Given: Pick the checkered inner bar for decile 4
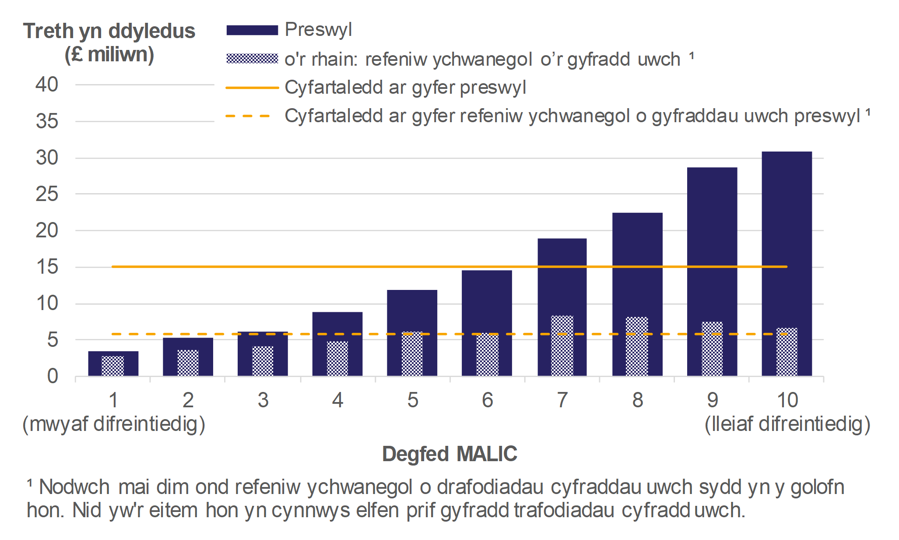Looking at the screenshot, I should pyautogui.click(x=337, y=359).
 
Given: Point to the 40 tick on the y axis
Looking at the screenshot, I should pyautogui.click(x=47, y=85).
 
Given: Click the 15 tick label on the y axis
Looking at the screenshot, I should pyautogui.click(x=47, y=267).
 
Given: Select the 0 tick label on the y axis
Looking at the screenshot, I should pyautogui.click(x=53, y=376).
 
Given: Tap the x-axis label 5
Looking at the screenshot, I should pyautogui.click(x=412, y=400).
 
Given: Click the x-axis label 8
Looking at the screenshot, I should pyautogui.click(x=637, y=400).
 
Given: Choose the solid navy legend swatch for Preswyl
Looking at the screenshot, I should pyautogui.click(x=252, y=30).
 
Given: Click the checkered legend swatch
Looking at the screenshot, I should pyautogui.click(x=252, y=59).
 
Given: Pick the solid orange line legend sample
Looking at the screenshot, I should pyautogui.click(x=252, y=88).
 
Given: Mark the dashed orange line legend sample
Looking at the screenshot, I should pyautogui.click(x=248, y=116).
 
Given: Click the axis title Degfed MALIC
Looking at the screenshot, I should pyautogui.click(x=449, y=454).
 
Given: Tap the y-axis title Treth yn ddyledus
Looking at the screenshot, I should pyautogui.click(x=109, y=32).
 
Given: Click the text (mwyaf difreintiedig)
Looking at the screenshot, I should pyautogui.click(x=114, y=424).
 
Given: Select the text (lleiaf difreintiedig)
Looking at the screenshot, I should pyautogui.click(x=787, y=424).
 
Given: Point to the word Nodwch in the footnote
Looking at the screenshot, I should pyautogui.click(x=74, y=487).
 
